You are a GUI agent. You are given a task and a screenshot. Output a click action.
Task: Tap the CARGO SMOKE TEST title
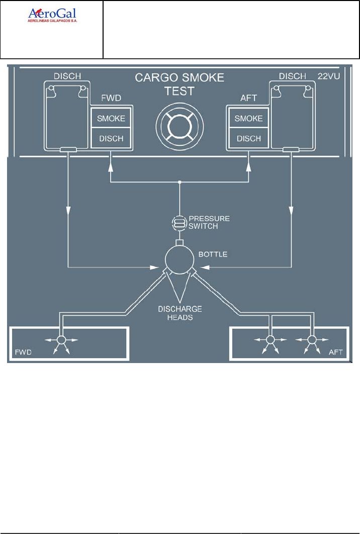[x=179, y=84]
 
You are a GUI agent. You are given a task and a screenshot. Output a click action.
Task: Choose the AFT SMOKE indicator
[x=249, y=119]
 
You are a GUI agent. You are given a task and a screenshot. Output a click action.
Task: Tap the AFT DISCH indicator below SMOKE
[x=249, y=138]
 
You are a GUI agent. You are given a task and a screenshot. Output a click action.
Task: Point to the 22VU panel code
[x=330, y=77]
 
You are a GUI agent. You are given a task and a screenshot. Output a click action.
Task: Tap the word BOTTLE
[x=213, y=254]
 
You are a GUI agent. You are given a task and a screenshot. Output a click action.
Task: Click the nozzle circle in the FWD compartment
[x=61, y=340]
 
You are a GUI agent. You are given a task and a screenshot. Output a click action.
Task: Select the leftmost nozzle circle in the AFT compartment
[x=270, y=340]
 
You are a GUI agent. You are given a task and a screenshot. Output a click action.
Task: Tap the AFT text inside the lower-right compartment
[x=335, y=352]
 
